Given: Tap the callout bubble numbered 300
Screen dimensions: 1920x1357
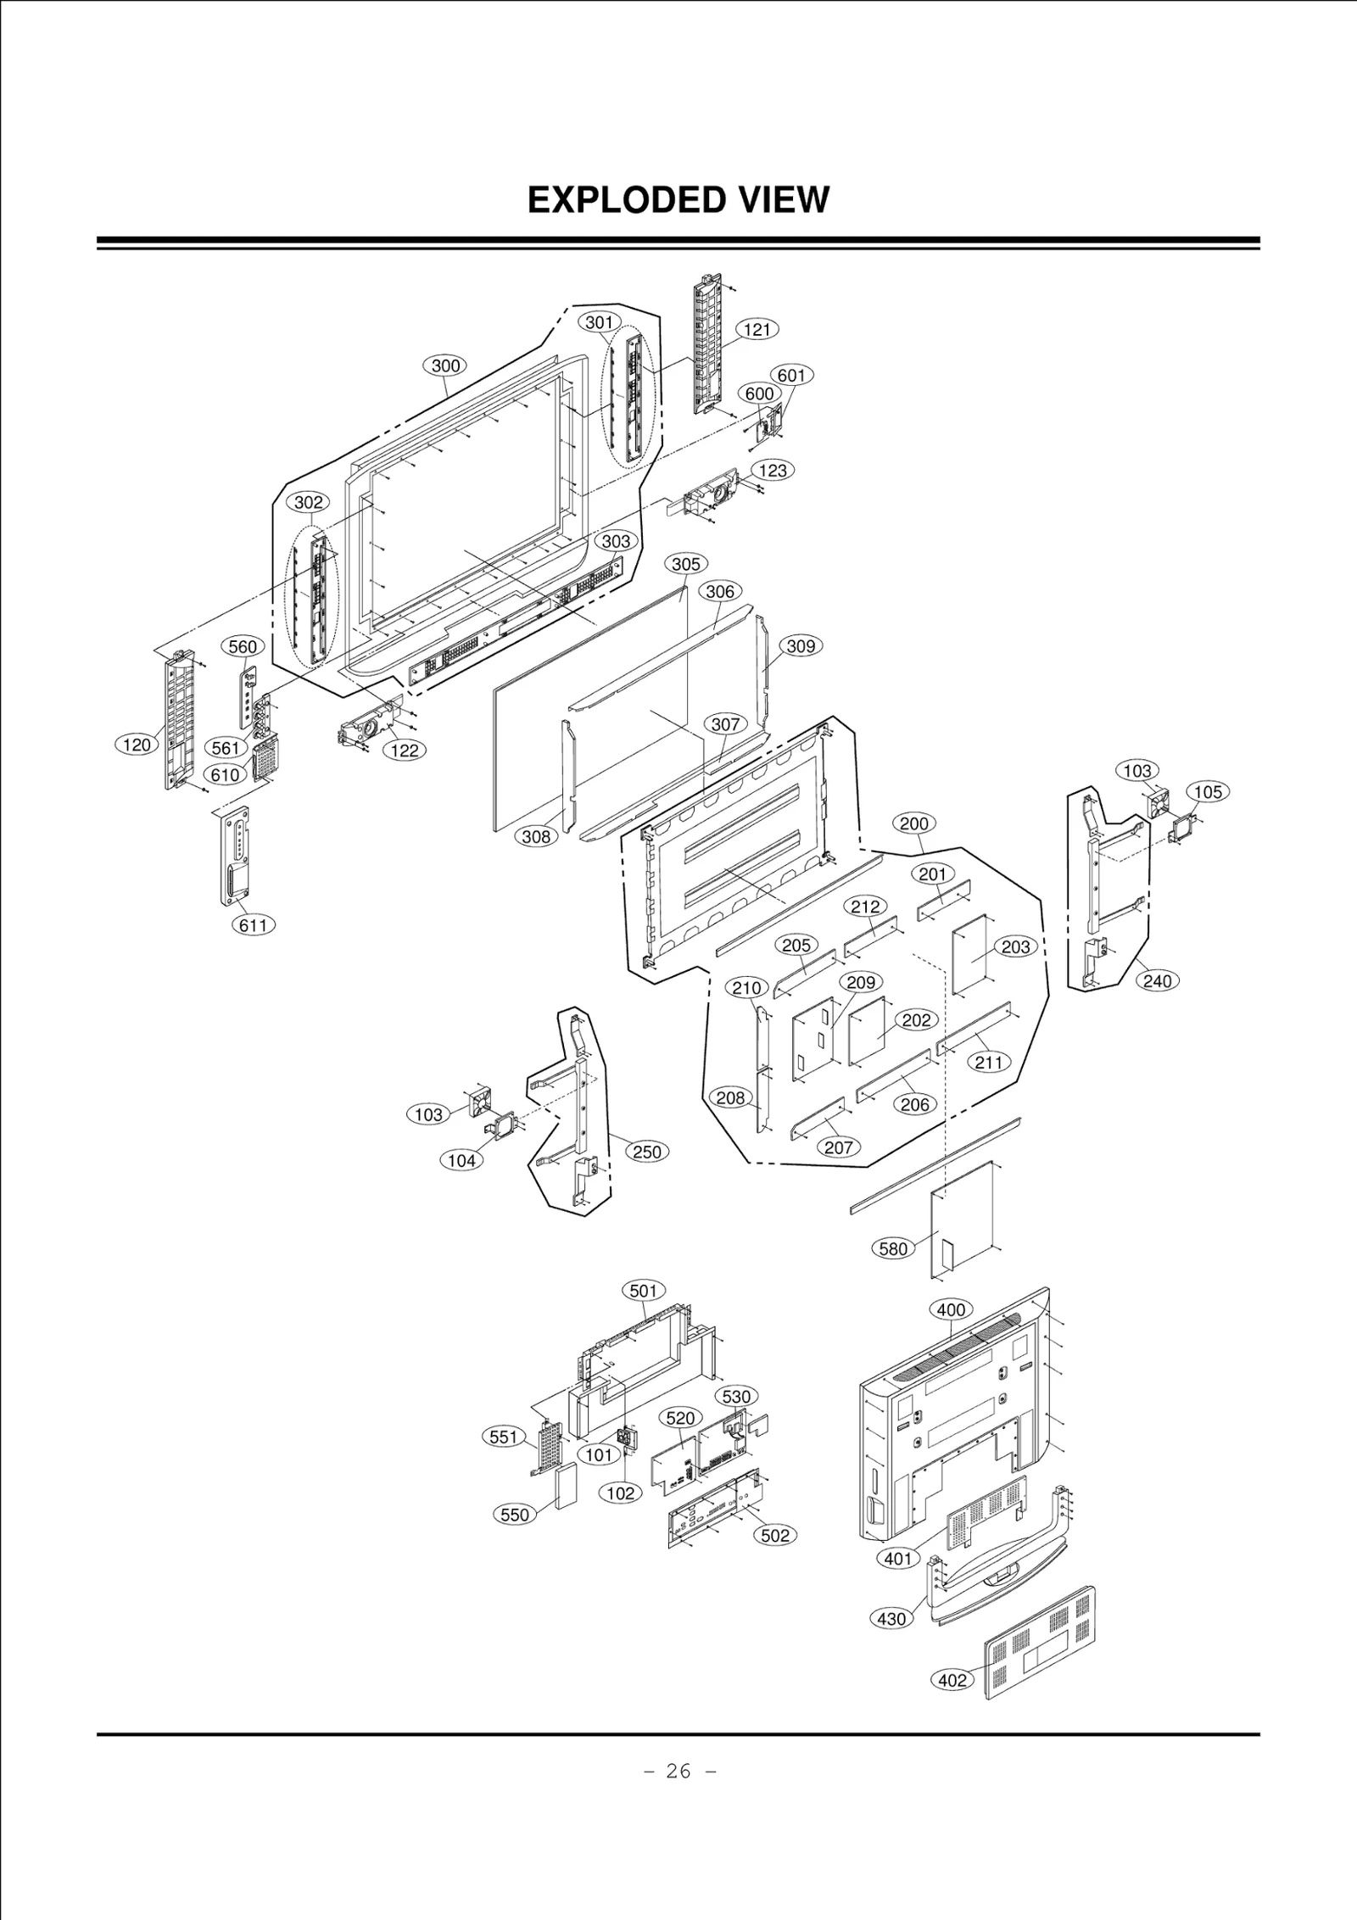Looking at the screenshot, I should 445,366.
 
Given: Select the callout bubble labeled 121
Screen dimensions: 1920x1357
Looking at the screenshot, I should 757,329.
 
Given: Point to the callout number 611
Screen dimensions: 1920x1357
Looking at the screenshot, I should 254,924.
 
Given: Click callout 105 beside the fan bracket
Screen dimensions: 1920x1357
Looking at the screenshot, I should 1208,791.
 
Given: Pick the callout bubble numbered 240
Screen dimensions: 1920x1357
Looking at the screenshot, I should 1157,981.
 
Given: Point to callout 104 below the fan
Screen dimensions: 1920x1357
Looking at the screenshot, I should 461,1160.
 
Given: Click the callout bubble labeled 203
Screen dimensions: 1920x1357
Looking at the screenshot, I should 1016,946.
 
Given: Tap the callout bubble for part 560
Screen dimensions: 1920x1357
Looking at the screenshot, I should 243,646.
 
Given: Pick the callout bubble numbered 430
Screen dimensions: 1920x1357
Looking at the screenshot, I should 891,1618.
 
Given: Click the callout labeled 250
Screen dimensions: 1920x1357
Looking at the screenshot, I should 647,1152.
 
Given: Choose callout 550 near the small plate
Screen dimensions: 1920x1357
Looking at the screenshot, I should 515,1515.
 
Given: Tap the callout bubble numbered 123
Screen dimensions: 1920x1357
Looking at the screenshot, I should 772,470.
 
